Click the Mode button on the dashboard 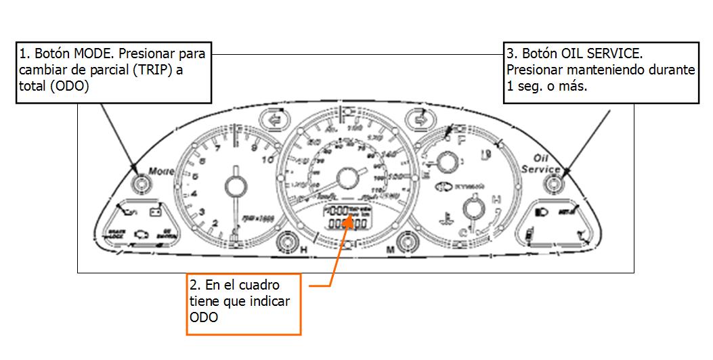pyautogui.click(x=141, y=183)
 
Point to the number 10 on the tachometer pyautogui.click(x=266, y=160)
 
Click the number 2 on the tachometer pyautogui.click(x=215, y=223)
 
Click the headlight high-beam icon pyautogui.click(x=541, y=212)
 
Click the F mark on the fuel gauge pyautogui.click(x=462, y=141)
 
